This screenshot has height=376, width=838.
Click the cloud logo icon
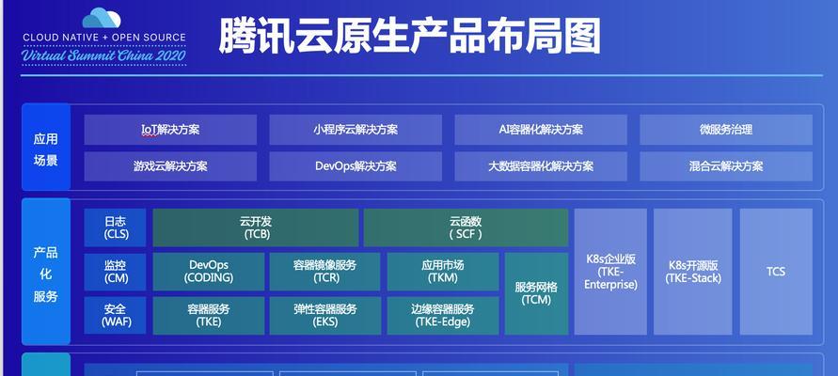tap(102, 18)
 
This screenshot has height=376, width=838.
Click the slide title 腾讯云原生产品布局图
tap(410, 36)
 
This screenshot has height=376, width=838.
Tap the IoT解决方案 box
tap(170, 130)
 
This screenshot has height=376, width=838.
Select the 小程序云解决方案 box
tap(356, 130)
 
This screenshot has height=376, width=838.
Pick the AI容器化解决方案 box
tap(541, 130)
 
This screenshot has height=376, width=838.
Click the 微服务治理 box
tap(726, 130)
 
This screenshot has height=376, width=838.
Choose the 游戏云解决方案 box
tap(170, 166)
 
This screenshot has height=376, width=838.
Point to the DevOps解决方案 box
tap(356, 166)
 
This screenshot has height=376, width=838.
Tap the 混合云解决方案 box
tap(726, 166)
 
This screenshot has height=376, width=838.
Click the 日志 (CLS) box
tap(115, 227)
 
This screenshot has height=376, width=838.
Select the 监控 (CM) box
tap(115, 272)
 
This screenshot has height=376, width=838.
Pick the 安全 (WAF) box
tap(115, 316)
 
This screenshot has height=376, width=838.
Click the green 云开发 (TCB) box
tap(256, 227)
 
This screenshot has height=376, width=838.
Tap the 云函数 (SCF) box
tap(466, 227)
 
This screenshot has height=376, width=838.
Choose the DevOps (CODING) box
tap(209, 272)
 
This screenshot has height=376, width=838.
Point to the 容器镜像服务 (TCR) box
tap(324, 272)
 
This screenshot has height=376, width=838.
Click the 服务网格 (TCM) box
tap(537, 293)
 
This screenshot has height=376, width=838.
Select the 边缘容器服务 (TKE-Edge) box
tap(443, 316)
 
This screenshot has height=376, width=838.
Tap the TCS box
tap(776, 272)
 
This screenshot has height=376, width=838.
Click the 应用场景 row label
tap(46, 149)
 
